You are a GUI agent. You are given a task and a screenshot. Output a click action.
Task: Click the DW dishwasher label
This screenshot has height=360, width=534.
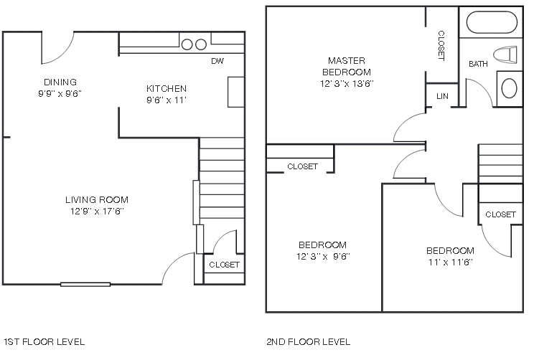[x=217, y=62]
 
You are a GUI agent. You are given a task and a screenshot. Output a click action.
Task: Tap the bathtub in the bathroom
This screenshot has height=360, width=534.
[x=492, y=22]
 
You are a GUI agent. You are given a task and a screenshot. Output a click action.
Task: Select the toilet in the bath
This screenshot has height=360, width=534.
[x=507, y=54]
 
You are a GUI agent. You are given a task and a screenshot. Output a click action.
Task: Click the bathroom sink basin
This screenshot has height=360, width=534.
[x=509, y=88]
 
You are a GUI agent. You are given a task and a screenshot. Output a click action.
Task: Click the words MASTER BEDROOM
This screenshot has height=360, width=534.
[x=347, y=66]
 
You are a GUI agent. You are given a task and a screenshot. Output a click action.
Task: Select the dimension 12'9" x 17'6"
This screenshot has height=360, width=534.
[x=97, y=212]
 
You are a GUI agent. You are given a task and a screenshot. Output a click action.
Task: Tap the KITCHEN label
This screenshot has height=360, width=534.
[x=167, y=89]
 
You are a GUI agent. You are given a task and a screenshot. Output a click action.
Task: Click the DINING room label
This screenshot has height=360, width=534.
[x=60, y=82]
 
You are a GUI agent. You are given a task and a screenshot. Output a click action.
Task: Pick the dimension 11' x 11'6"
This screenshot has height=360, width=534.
[x=450, y=262]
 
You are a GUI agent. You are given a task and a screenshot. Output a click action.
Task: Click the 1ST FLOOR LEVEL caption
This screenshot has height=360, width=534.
[x=44, y=341]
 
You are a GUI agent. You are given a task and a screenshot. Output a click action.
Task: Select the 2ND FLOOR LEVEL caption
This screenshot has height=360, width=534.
[x=308, y=341]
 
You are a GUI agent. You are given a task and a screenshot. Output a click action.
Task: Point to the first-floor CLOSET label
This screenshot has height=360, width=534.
[x=224, y=265]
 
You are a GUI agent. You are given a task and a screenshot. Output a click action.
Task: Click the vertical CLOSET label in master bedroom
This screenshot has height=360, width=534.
[x=441, y=45]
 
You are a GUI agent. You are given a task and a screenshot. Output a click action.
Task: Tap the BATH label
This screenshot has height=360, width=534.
[x=479, y=65]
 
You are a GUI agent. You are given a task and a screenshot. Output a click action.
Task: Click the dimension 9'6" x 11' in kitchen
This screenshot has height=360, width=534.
[x=167, y=100]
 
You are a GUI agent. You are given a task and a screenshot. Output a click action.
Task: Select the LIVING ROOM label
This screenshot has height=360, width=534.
[x=97, y=199]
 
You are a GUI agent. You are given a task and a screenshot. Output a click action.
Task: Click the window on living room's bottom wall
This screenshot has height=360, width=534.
[x=85, y=284]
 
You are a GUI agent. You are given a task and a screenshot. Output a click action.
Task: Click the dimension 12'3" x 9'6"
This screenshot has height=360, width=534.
[x=322, y=256]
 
